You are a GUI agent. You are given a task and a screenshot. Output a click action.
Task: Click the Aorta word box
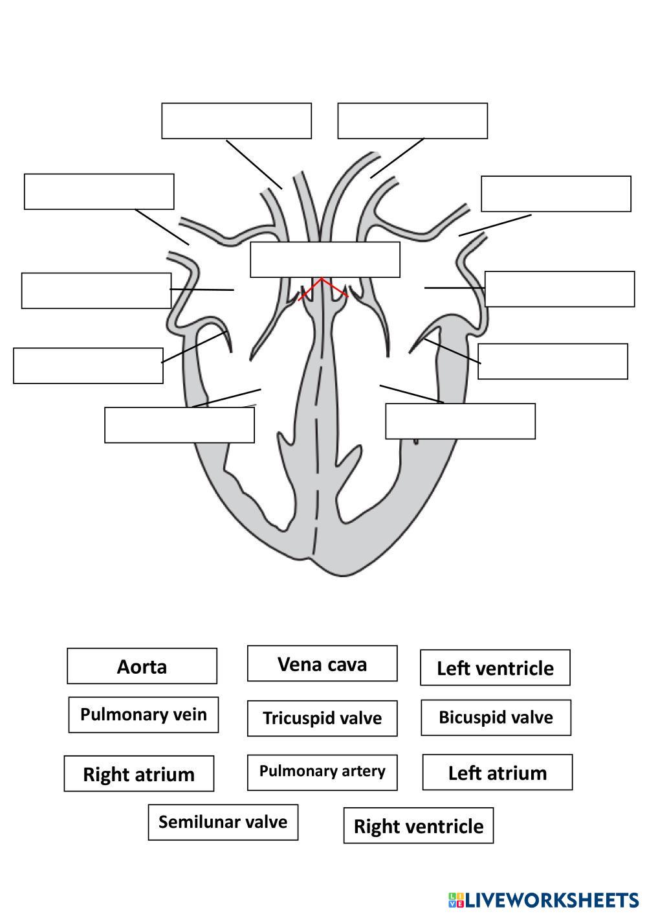click(142, 666)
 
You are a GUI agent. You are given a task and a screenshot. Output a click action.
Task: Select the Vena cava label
click(322, 663)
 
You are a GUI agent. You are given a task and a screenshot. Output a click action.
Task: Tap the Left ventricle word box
click(495, 667)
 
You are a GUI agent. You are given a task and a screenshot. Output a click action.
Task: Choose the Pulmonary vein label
click(144, 715)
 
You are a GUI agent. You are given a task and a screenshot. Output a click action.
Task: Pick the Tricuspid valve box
click(322, 718)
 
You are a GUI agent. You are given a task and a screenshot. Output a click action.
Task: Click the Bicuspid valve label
click(496, 717)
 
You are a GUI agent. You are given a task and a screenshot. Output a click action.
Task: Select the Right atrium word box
click(138, 773)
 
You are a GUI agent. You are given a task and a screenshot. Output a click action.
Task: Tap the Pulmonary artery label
click(322, 772)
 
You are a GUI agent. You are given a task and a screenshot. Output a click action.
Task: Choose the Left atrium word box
click(497, 772)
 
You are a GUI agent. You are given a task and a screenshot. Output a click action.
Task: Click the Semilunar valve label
click(223, 822)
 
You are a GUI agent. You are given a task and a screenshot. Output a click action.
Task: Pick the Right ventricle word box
click(418, 825)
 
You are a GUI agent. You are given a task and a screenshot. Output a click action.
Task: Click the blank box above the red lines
click(325, 260)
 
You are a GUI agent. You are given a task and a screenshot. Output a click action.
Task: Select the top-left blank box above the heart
click(236, 120)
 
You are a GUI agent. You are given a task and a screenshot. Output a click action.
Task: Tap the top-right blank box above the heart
click(412, 120)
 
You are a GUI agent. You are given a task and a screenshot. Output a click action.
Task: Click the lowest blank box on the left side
click(179, 425)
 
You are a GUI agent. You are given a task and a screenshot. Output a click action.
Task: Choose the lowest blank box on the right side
click(460, 421)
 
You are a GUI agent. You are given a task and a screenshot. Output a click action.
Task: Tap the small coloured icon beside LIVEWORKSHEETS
click(455, 900)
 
